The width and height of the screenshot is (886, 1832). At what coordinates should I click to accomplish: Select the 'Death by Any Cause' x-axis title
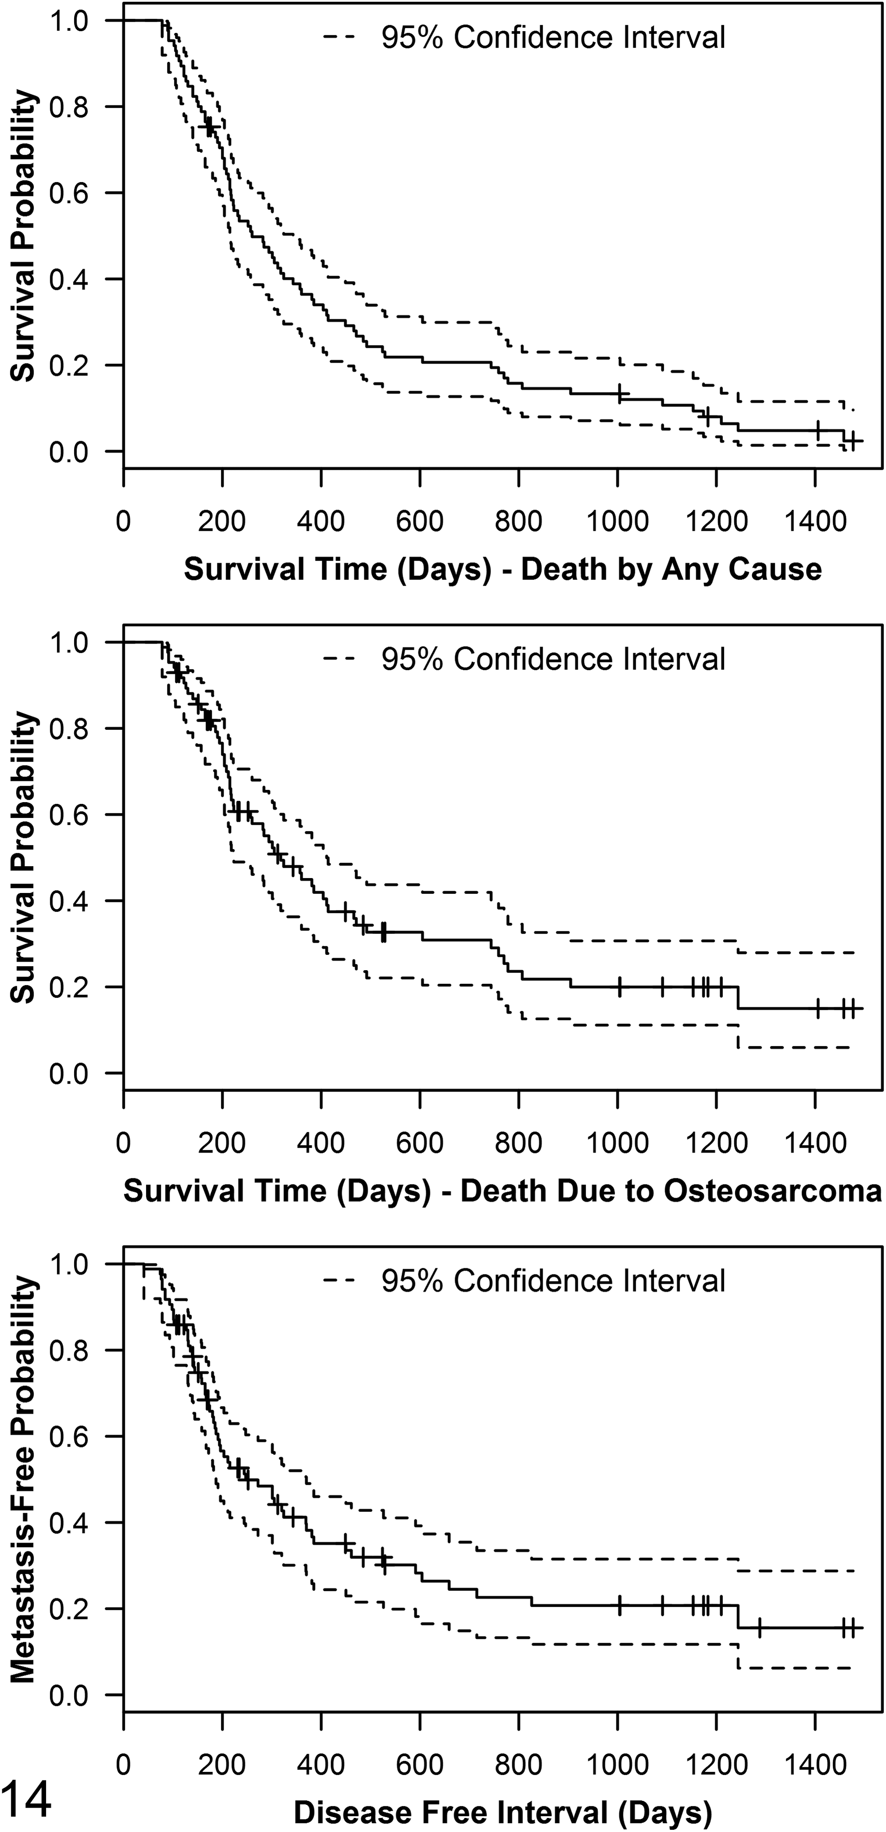point(671,569)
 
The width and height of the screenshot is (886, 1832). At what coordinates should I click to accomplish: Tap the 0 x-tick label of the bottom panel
point(124,1764)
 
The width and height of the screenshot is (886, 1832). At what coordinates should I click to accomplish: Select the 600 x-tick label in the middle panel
point(420,1143)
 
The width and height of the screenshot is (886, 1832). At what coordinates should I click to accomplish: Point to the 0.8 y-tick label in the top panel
point(69,107)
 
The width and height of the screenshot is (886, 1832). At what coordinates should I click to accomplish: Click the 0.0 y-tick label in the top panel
point(69,451)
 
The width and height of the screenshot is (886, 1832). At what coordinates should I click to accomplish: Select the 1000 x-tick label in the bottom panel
point(618,1764)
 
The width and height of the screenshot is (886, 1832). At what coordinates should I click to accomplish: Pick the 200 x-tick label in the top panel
point(222,521)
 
